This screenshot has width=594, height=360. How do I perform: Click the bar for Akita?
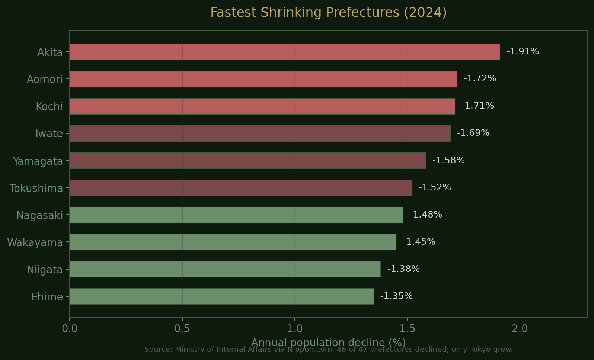coord(285,52)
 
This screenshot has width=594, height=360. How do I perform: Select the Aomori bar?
coord(263,79)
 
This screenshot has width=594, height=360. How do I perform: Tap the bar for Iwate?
coord(260,134)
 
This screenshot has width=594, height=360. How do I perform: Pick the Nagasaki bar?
coord(236,215)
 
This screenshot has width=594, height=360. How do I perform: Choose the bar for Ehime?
coord(221,296)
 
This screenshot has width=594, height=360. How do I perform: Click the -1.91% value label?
coord(523,51)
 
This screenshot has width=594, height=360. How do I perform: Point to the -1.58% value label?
coord(448,160)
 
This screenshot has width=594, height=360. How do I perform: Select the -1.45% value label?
coord(419,242)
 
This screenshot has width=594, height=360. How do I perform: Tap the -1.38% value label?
coord(403,269)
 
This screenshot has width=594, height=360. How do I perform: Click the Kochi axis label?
coord(49,107)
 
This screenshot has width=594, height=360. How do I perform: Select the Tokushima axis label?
coord(36,189)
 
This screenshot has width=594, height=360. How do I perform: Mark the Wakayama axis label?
coord(35,243)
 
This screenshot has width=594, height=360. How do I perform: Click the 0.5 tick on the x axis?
coord(182,328)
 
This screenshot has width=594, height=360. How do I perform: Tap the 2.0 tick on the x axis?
coord(520,328)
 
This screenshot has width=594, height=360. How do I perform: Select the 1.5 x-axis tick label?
coord(407,328)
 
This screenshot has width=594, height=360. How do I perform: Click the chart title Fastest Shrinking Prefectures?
coord(328,12)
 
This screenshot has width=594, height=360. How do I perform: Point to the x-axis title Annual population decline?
coord(328,342)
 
